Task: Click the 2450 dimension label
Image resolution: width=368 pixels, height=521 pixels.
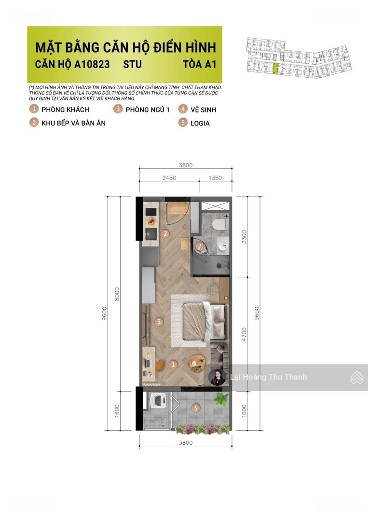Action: pyautogui.click(x=169, y=178)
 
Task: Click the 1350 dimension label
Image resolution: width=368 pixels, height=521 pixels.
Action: pyautogui.click(x=215, y=178)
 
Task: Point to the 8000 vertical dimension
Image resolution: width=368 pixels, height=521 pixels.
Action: pyautogui.click(x=117, y=294)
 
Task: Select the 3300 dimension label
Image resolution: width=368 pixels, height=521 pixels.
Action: pyautogui.click(x=244, y=236)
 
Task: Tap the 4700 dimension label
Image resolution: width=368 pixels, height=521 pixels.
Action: pyautogui.click(x=244, y=334)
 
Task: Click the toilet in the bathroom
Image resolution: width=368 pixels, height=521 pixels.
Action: pyautogui.click(x=220, y=223)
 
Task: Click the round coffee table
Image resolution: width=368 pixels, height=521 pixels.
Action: pyautogui.click(x=196, y=364)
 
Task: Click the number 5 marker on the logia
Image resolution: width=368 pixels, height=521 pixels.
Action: pyautogui.click(x=196, y=408)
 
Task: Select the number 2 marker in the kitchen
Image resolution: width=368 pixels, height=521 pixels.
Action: pyautogui.click(x=165, y=233)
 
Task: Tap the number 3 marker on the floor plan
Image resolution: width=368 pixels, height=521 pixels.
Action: pyautogui.click(x=159, y=322)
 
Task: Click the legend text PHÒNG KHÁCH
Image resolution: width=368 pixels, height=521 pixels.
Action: pyautogui.click(x=66, y=110)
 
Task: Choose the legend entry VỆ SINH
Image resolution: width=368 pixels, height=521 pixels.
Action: pyautogui.click(x=203, y=110)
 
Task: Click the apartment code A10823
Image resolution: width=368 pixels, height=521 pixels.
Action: pyautogui.click(x=92, y=64)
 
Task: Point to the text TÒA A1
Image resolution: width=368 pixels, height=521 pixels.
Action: pyautogui.click(x=199, y=64)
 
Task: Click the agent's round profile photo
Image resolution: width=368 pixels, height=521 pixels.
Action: pyautogui.click(x=217, y=377)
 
